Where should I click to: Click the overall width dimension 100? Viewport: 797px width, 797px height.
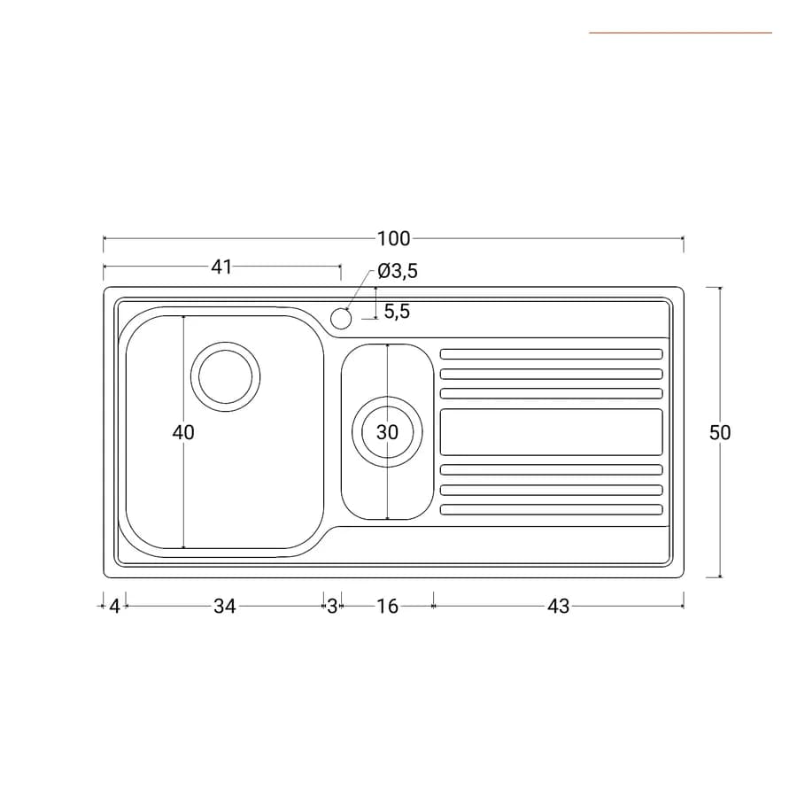click(393, 238)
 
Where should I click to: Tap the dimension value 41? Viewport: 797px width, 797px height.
click(221, 267)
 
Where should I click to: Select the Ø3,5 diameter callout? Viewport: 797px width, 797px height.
click(398, 271)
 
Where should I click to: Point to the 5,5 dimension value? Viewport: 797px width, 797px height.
click(397, 311)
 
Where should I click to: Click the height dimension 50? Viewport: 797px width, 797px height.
click(720, 432)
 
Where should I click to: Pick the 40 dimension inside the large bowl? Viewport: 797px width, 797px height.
click(183, 432)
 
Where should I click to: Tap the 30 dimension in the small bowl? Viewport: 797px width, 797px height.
click(387, 432)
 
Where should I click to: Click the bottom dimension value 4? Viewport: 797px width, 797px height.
click(114, 607)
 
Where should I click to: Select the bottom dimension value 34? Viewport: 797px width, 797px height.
click(224, 607)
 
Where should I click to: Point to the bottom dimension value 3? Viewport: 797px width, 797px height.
click(332, 607)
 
